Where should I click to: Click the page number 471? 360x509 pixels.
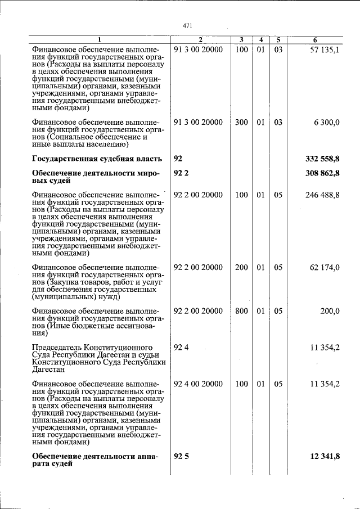click(x=188, y=25)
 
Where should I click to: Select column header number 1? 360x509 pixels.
click(x=100, y=40)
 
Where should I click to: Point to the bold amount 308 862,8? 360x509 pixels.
click(x=322, y=174)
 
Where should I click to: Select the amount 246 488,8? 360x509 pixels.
click(x=322, y=195)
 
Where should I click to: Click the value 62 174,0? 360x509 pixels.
click(x=325, y=268)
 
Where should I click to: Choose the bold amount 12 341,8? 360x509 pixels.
click(x=325, y=456)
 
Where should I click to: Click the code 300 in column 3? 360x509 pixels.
click(x=241, y=123)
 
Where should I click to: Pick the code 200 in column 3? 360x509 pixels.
click(x=241, y=268)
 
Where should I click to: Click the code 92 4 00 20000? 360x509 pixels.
click(x=198, y=384)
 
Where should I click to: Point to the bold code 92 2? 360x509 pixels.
click(x=182, y=174)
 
